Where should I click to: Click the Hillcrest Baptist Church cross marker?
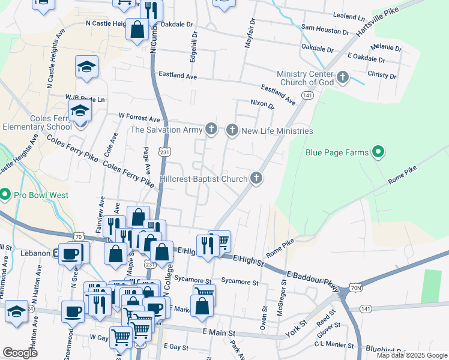(x=256, y=178)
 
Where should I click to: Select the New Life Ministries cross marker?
(x=232, y=130)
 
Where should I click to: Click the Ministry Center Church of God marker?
(x=342, y=77)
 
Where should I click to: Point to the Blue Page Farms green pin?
(x=378, y=153)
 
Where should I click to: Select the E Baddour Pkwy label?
(x=313, y=283)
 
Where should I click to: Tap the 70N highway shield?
(x=355, y=289)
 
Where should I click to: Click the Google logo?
(x=20, y=353)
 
